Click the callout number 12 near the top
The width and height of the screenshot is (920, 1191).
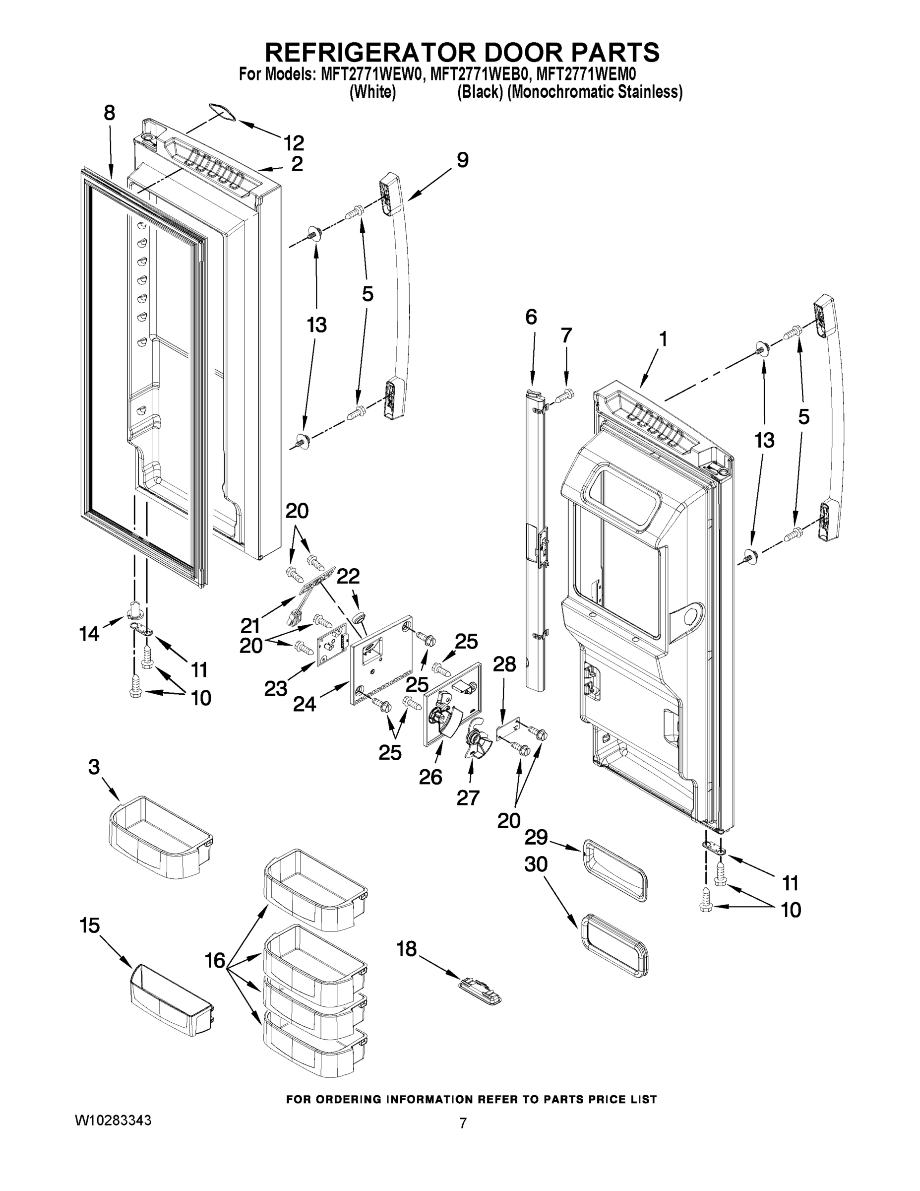tap(293, 143)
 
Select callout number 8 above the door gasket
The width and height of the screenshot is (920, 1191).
tap(109, 113)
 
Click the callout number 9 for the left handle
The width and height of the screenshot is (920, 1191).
tap(462, 160)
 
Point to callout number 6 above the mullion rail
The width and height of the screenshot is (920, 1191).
tap(531, 317)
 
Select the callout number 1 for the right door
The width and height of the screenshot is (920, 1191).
tap(662, 339)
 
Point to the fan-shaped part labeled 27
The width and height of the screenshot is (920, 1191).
tap(476, 743)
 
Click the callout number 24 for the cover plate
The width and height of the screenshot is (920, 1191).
tap(304, 705)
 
